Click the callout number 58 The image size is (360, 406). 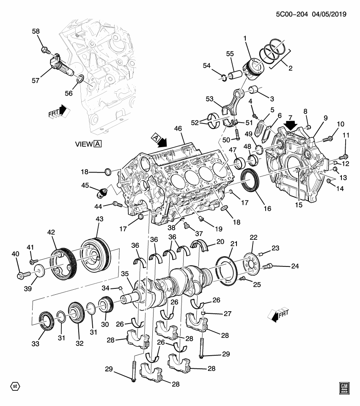click(x=36, y=32)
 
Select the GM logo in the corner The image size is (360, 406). click(x=345, y=388)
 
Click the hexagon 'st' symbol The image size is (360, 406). click(x=15, y=387)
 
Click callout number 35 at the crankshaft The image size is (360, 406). click(x=125, y=274)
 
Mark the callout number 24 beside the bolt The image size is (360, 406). click(x=294, y=266)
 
